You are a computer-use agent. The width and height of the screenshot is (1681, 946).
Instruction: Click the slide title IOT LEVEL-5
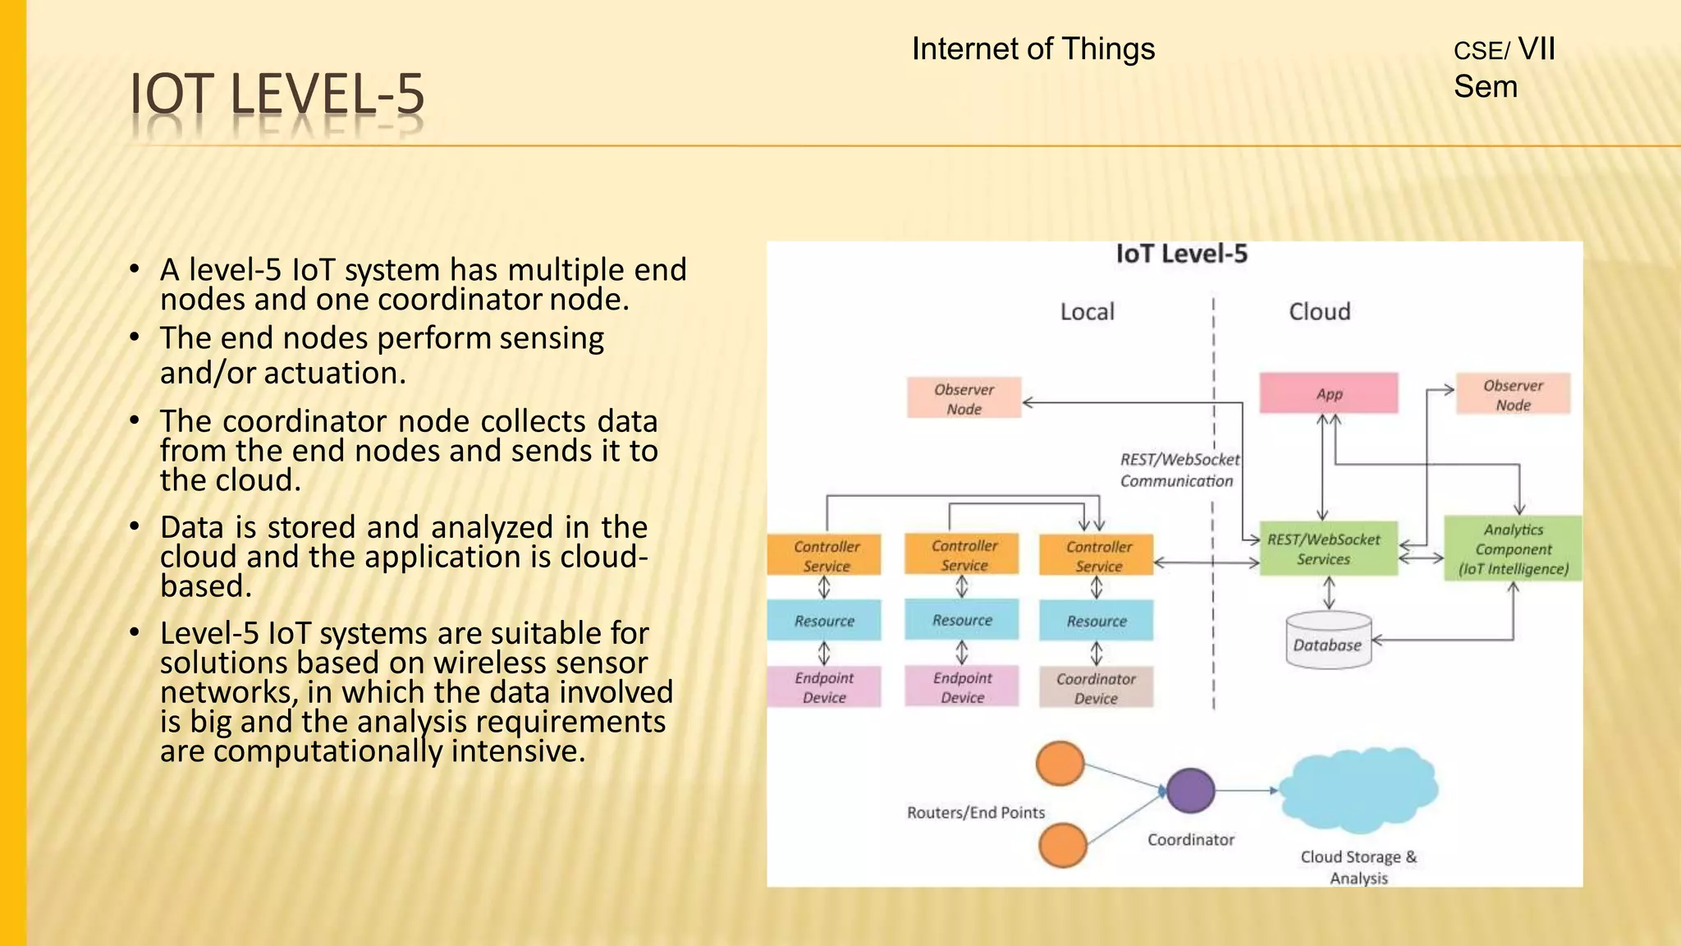(x=277, y=94)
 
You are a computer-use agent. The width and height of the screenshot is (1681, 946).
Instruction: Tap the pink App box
(x=1328, y=393)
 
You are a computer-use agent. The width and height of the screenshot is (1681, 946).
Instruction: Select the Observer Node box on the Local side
(x=964, y=398)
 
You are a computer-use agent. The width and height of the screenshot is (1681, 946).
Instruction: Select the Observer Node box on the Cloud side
(x=1513, y=395)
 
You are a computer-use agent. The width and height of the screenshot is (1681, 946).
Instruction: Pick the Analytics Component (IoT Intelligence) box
(x=1513, y=549)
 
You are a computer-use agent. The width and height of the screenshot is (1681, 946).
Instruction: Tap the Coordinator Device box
(x=1096, y=688)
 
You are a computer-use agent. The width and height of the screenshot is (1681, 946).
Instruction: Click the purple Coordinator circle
(x=1190, y=791)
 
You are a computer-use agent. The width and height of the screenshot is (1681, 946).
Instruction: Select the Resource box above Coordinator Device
(x=1096, y=621)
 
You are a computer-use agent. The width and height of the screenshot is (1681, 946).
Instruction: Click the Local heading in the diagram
(x=1087, y=312)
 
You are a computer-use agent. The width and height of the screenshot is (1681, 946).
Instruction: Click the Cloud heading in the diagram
(x=1319, y=312)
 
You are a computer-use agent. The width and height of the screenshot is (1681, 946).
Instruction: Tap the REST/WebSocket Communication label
(x=1179, y=470)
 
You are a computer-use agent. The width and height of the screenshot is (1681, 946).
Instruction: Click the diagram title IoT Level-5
(x=1181, y=254)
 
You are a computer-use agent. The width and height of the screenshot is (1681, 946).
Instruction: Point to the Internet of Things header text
(x=1033, y=49)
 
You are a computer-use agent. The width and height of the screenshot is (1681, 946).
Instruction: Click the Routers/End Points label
(x=975, y=812)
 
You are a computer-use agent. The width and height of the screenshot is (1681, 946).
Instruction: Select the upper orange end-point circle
(x=1060, y=764)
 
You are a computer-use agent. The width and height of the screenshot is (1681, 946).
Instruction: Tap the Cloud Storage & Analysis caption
(x=1358, y=866)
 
